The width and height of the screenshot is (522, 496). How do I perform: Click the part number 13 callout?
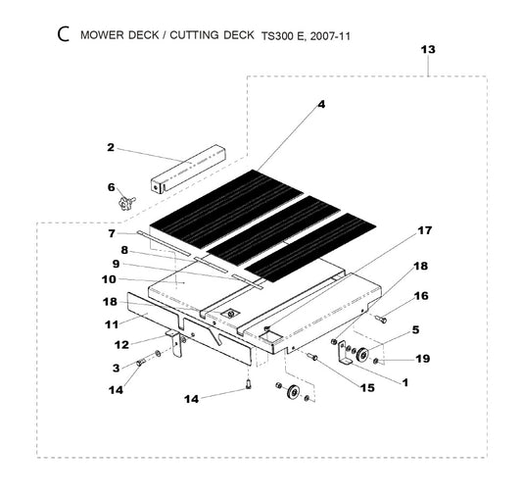(428, 50)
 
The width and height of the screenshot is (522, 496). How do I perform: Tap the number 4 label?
(321, 105)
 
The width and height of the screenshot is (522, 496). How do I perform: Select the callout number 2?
(111, 148)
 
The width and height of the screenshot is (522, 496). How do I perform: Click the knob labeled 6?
(127, 203)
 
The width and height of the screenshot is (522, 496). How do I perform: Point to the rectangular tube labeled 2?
(188, 169)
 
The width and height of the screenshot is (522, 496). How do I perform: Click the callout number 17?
(425, 230)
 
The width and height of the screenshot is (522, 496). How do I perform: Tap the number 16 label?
(421, 296)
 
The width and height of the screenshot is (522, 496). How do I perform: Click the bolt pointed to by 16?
(381, 320)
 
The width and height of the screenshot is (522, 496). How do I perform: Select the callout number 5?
(415, 329)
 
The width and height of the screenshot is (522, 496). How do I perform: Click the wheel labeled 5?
(362, 354)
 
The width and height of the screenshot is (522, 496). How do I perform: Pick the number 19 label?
(423, 359)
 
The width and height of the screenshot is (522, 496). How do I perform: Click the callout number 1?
(404, 383)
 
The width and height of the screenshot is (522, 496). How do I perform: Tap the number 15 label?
(367, 388)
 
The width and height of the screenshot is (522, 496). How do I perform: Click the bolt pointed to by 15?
(312, 357)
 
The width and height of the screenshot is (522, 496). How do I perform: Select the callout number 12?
(121, 345)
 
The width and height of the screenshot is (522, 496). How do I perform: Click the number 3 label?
(116, 369)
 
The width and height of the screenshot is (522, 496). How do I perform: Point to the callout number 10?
(109, 279)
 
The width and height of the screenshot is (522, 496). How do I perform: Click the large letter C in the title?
(64, 34)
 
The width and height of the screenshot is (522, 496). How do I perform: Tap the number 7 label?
(112, 234)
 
